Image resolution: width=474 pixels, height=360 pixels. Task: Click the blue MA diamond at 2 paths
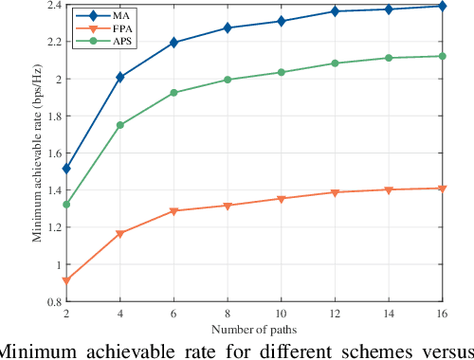coord(65,169)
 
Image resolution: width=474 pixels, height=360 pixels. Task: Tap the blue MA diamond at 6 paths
coord(173,43)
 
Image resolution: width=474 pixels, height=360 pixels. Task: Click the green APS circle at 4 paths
coord(119,125)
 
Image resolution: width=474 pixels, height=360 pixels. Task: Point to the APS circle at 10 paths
coord(281,72)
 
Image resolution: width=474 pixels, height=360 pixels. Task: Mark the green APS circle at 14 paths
coord(389,58)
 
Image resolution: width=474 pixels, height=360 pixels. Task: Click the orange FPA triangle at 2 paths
coord(65,280)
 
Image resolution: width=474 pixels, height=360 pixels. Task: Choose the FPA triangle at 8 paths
coord(228,206)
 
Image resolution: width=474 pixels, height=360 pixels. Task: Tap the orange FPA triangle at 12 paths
coord(335,192)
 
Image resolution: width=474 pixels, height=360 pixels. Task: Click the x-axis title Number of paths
coord(254,330)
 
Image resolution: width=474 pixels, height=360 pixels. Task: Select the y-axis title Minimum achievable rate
coord(38,154)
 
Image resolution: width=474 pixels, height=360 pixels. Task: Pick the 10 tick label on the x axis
coord(281,314)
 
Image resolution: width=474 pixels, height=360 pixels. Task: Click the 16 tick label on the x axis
coord(442,314)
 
